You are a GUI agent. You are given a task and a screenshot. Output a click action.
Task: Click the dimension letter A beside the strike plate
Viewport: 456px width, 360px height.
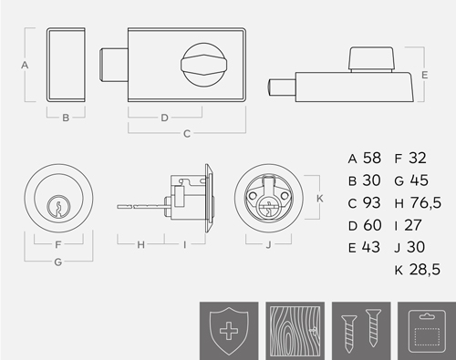[25, 65]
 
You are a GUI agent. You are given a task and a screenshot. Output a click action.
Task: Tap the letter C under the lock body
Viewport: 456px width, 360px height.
[187, 134]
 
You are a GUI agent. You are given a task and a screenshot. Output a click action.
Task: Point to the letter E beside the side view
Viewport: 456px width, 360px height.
[425, 75]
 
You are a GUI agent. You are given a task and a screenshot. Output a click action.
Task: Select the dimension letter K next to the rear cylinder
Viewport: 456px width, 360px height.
[320, 199]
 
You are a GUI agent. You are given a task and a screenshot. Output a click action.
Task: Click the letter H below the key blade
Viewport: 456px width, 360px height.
[140, 244]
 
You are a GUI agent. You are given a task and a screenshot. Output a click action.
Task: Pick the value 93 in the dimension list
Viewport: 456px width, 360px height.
[372, 202]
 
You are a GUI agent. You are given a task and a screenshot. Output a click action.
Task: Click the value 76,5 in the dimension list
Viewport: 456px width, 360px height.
[426, 203]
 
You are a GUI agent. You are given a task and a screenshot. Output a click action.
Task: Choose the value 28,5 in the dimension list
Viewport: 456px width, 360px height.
[425, 270]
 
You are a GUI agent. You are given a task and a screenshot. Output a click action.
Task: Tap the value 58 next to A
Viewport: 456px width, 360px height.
[372, 158]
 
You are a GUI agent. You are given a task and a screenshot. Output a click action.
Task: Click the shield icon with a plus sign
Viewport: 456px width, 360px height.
[229, 331]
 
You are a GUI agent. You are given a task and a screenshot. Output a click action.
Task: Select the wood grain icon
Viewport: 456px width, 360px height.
[295, 331]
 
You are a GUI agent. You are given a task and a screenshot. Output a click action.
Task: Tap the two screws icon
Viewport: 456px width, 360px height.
[361, 331]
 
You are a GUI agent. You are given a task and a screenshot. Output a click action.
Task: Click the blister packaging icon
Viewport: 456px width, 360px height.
[427, 331]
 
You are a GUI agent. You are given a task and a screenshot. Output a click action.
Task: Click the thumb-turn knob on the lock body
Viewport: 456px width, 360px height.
[204, 65]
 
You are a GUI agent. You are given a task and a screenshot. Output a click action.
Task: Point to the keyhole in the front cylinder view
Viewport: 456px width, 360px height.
[58, 207]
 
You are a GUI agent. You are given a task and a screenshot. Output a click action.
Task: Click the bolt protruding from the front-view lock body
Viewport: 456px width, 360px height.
[113, 65]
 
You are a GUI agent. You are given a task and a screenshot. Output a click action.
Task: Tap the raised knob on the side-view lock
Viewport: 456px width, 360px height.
[372, 59]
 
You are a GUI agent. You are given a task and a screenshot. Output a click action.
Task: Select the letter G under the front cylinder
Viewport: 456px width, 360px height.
[58, 262]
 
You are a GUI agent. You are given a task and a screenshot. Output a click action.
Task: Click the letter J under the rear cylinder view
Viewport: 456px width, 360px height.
[268, 245]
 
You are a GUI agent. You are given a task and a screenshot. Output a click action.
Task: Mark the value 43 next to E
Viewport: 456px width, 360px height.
[371, 247]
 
